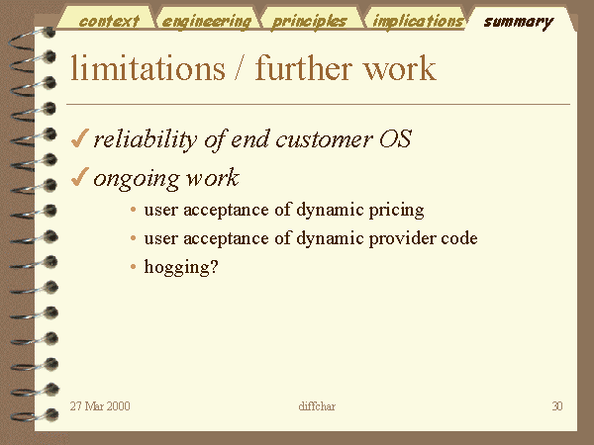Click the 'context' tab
109,21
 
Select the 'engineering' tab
207,22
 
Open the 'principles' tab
310,22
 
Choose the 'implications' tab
418,21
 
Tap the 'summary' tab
518,23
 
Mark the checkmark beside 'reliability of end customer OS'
80,137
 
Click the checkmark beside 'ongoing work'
80,177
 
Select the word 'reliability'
146,139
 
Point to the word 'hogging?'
181,267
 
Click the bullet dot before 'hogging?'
133,267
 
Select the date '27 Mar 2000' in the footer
100,406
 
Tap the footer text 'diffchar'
317,406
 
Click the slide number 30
556,406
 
